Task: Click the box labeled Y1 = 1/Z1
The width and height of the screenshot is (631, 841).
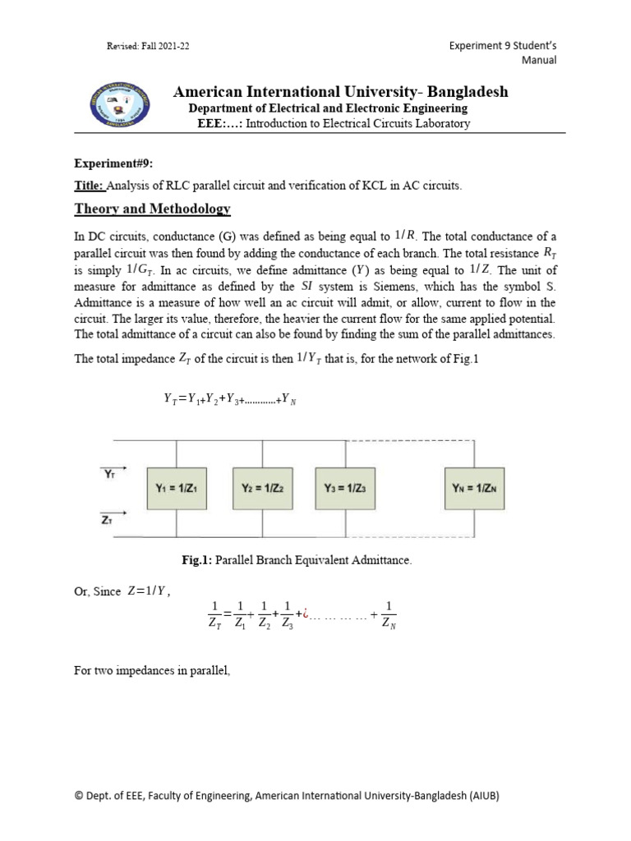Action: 177,487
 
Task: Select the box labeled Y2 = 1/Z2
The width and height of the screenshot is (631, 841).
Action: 262,487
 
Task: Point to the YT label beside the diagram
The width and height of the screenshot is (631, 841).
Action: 109,474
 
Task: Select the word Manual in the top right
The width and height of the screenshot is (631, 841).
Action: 539,60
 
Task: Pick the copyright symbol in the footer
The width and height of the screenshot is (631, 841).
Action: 79,796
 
